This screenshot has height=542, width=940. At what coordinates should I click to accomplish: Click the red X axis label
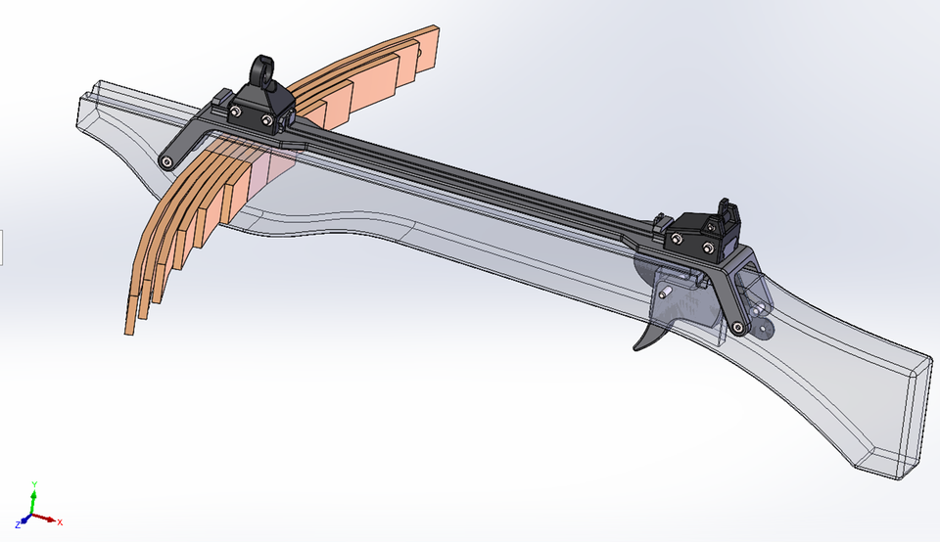click(x=60, y=522)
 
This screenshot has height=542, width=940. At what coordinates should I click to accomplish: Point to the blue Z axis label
click(x=19, y=525)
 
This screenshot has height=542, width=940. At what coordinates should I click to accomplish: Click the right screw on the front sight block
click(x=268, y=121)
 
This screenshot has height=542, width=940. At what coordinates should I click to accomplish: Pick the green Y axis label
click(x=34, y=483)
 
